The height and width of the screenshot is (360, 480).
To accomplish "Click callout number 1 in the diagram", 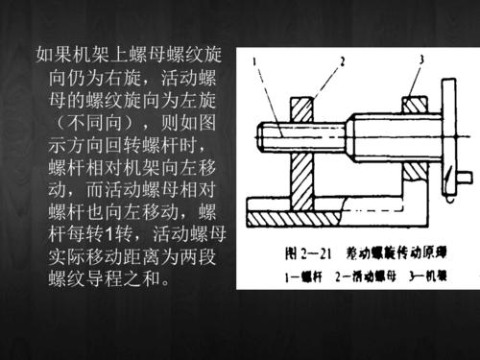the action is click(x=254, y=62).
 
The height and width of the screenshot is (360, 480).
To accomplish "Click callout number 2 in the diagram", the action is click(x=338, y=60).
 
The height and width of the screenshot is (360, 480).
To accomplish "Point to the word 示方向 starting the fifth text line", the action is click(x=77, y=143).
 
